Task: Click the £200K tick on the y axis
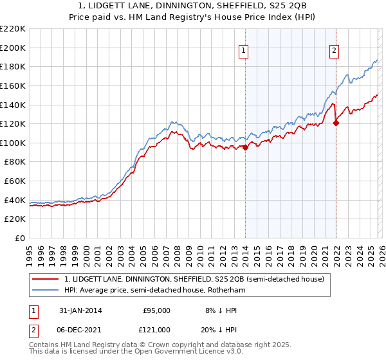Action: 13,48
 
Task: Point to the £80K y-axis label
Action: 15,162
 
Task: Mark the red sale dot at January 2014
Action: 245,147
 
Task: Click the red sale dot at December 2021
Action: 336,123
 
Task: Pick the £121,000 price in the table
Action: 156,329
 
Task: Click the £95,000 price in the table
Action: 156,310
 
